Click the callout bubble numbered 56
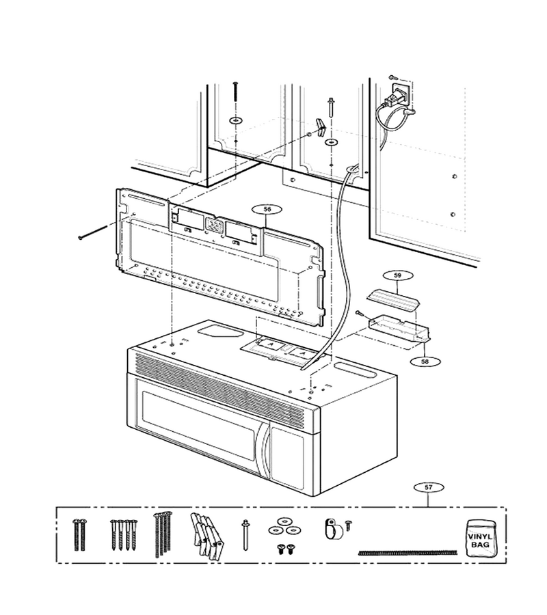(267, 210)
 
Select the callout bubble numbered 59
(397, 276)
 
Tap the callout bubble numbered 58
(425, 361)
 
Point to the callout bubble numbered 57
(429, 488)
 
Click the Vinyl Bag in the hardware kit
(479, 538)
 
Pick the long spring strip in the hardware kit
(408, 553)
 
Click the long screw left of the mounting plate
(94, 232)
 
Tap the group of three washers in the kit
(282, 526)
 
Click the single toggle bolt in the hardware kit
(245, 535)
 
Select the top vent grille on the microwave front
(219, 389)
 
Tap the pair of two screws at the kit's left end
(79, 534)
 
